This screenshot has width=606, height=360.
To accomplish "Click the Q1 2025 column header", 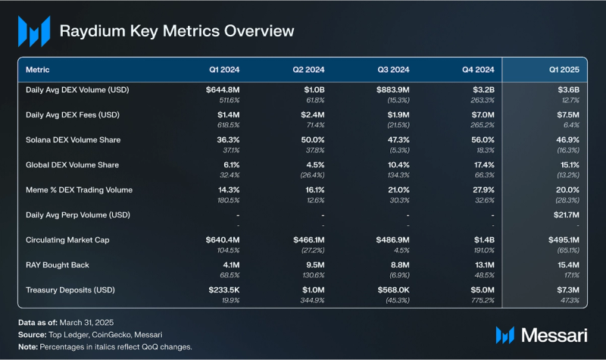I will pos(564,69).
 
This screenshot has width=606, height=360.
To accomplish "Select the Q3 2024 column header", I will pos(394,69).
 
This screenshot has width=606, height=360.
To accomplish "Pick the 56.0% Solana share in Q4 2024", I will pos(481,140).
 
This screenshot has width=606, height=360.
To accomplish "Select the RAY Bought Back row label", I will pos(57,265).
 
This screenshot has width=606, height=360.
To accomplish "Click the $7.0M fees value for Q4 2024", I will pos(482,115).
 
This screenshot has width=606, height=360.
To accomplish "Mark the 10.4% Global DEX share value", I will pos(396,165).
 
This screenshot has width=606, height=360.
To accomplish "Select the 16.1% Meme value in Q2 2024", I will pos(311,190).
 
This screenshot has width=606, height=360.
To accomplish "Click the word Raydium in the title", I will pos(90,31).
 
